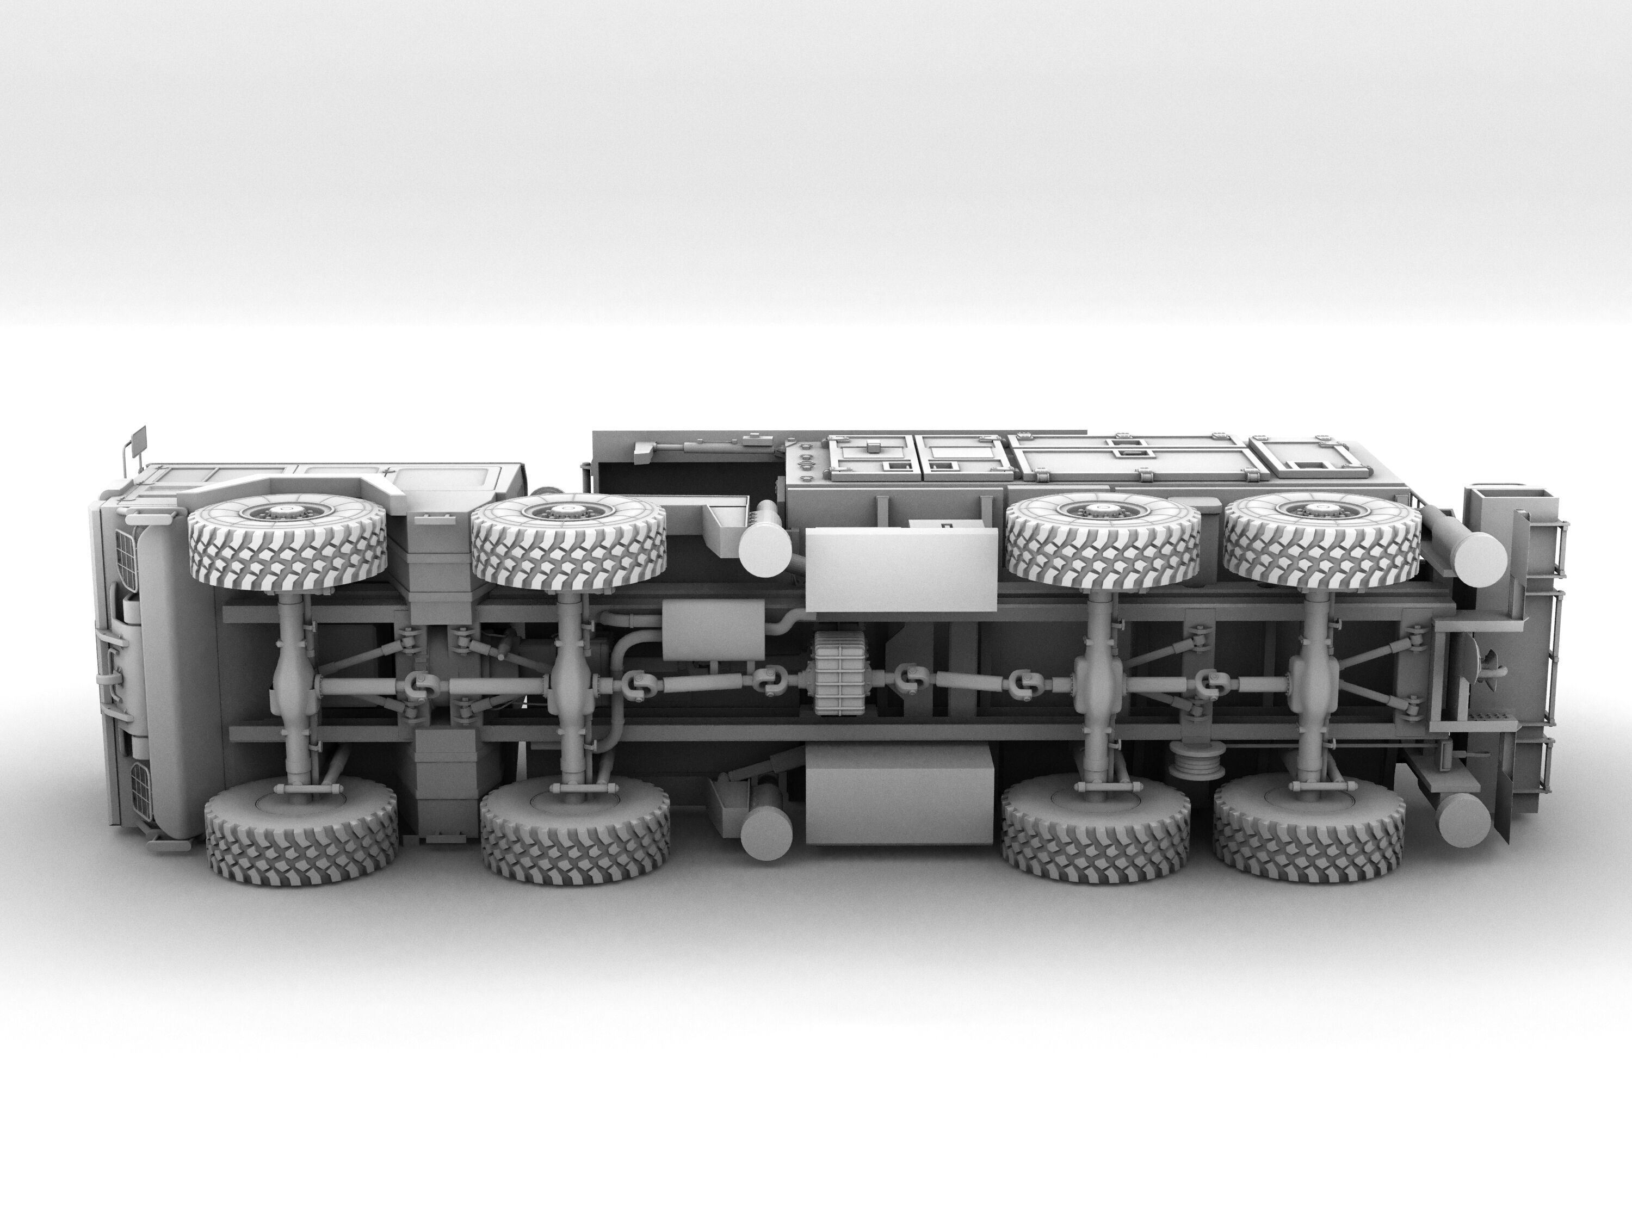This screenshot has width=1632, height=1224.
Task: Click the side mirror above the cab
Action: (138, 441)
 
